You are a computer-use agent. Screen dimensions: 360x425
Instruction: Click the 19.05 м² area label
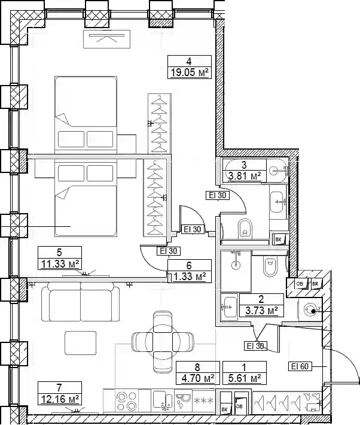(190, 72)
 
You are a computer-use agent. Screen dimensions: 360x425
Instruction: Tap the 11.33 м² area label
(60, 263)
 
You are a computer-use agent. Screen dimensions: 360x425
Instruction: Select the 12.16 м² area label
(60, 399)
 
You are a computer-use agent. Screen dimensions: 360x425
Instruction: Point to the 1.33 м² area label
(190, 277)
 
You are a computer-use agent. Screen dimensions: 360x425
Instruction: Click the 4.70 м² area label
(197, 378)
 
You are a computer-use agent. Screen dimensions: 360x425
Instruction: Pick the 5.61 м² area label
(245, 378)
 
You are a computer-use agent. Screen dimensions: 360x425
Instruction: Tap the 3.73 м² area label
(261, 310)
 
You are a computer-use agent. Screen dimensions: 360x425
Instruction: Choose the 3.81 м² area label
(245, 176)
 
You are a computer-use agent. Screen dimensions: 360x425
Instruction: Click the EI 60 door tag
(300, 366)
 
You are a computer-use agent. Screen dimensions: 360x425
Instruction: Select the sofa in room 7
(81, 302)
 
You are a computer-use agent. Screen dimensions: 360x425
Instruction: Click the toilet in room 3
(245, 228)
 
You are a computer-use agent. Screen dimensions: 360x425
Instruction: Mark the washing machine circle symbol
(310, 310)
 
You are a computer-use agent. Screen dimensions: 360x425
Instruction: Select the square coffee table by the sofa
(81, 343)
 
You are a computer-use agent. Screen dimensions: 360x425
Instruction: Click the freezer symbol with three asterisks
(204, 400)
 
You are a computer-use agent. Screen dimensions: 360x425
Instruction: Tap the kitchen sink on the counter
(162, 400)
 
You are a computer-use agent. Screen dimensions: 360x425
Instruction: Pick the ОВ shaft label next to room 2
(300, 284)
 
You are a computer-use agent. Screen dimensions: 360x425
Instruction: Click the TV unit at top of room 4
(106, 39)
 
